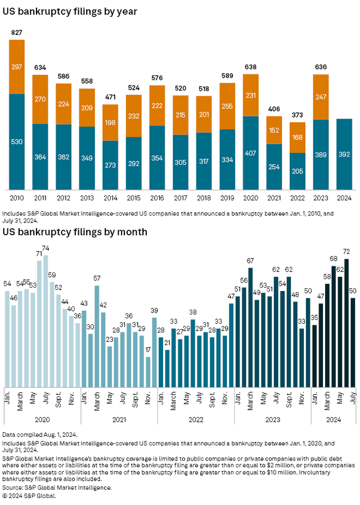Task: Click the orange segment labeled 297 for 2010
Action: [x=17, y=66]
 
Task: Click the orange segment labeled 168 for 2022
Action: [x=298, y=137]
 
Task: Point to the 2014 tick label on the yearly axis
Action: [x=110, y=199]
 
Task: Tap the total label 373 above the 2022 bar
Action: [x=298, y=115]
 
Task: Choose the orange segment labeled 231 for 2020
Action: [x=251, y=95]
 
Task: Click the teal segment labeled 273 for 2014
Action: [x=110, y=165]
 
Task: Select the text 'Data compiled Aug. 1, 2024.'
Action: [x=39, y=435]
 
